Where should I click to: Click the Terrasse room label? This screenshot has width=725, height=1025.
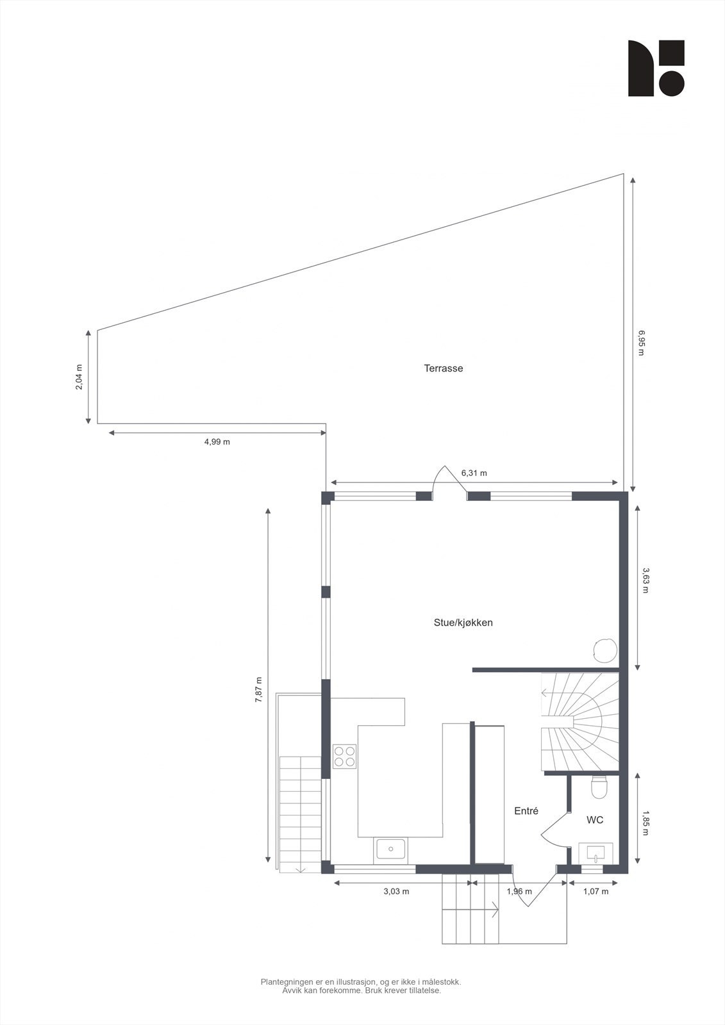point(443,368)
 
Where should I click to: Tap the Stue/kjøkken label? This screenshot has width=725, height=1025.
point(463,623)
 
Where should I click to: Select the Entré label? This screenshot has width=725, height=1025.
point(526,811)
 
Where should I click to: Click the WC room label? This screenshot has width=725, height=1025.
point(595,820)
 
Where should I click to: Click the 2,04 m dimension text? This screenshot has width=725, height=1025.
point(79,377)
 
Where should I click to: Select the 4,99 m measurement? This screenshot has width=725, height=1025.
point(217,442)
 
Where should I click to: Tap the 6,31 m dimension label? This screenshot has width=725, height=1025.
point(474,473)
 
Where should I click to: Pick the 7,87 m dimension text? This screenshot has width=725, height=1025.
point(258,690)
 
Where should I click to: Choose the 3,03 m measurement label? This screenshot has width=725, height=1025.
point(396,891)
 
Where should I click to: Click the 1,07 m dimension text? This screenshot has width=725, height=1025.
point(596,891)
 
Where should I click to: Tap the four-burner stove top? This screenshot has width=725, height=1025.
point(344,756)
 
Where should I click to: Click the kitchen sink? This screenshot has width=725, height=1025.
point(390,849)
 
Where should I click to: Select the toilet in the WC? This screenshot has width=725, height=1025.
point(598,787)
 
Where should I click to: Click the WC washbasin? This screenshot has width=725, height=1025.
point(596,853)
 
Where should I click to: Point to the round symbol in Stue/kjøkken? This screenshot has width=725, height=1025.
point(604,650)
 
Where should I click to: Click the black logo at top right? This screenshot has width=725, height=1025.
point(656,68)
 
